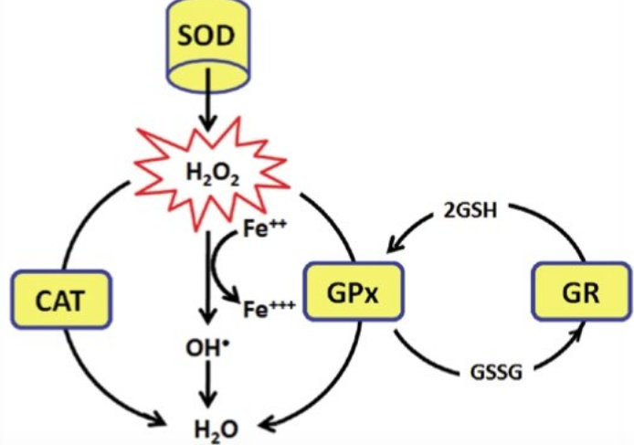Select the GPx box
tap(347, 295)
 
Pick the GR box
tap(580, 295)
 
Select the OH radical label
tap(209, 348)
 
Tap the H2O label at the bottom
tap(209, 426)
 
